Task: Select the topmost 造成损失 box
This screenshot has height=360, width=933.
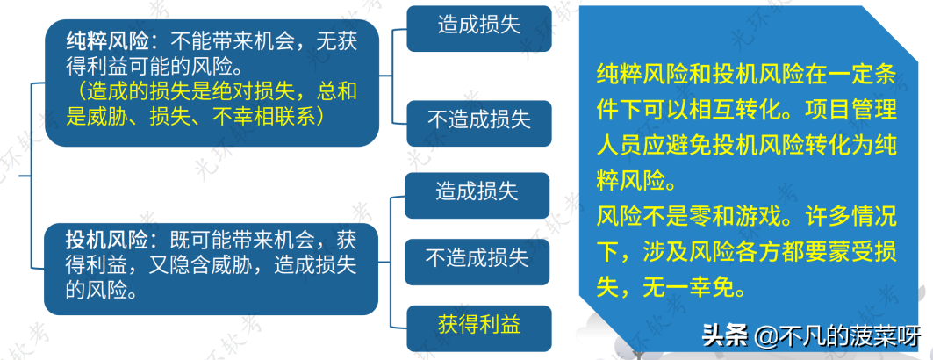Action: click(x=478, y=25)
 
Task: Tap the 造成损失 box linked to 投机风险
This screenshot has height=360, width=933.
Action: click(x=477, y=192)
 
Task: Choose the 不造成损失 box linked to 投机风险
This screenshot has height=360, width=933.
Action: click(x=477, y=258)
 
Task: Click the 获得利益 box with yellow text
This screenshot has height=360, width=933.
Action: click(x=477, y=324)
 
